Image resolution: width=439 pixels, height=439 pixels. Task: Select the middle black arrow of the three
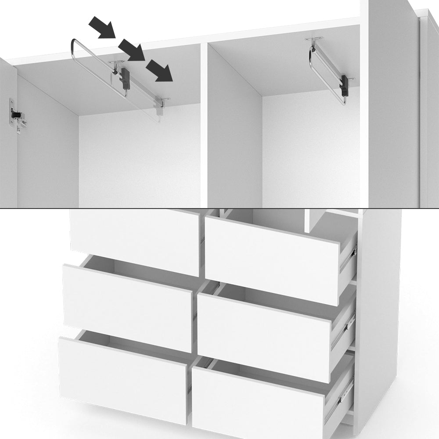pyautogui.click(x=131, y=49)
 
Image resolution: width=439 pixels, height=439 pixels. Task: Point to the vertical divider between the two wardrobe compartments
pyautogui.click(x=204, y=127)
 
